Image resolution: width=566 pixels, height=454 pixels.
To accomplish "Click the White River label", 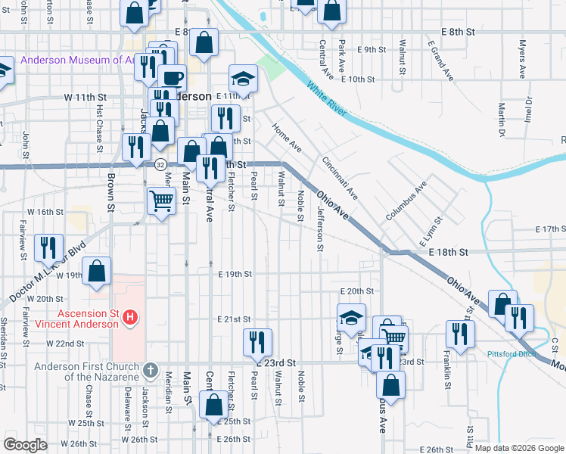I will coord(327,100).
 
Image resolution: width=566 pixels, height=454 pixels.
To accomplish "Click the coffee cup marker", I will coord(173,77).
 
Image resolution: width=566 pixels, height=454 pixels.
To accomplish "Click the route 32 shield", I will coord(160,163).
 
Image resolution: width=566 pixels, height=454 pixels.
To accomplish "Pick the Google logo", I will coord(26,445).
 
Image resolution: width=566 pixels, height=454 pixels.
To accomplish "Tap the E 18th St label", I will coord(450,251).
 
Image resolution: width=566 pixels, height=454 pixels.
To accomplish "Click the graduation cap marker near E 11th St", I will coord(244,78).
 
